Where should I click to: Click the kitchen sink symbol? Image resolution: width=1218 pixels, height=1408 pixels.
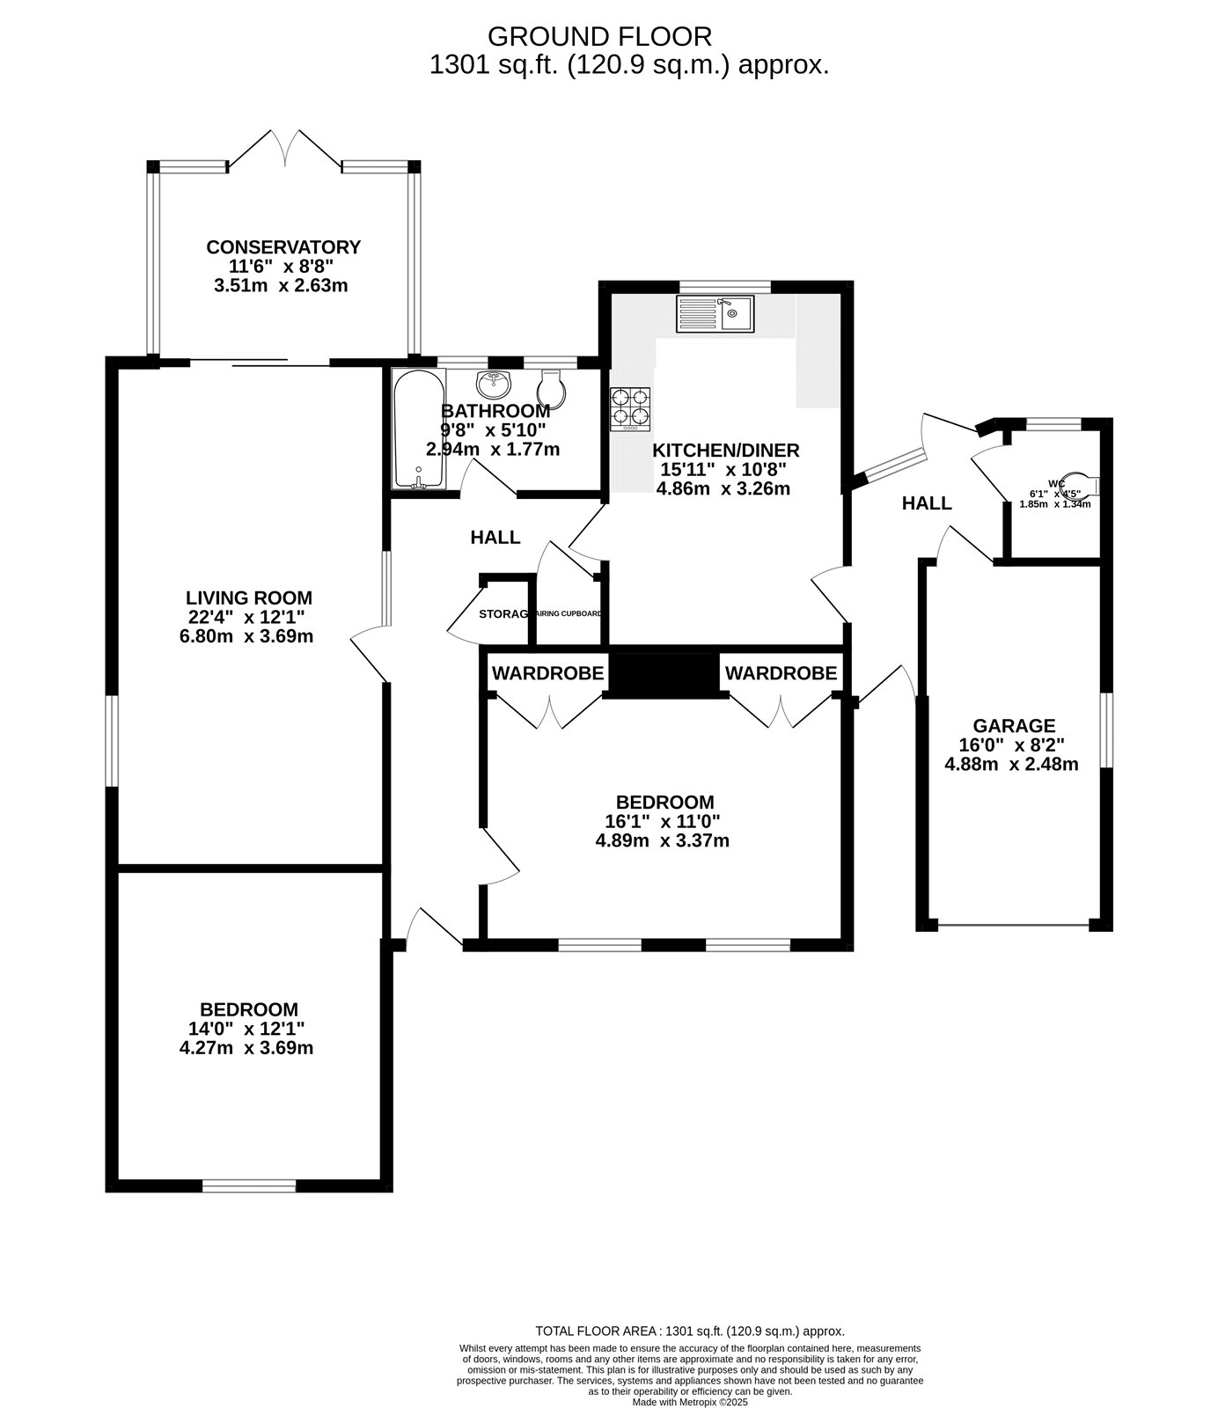coord(715,314)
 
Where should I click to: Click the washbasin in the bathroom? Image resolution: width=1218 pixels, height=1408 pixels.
coord(494,384)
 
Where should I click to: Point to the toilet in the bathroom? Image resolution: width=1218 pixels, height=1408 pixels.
coord(550,387)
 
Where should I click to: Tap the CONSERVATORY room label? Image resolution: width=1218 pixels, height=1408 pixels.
coord(282,247)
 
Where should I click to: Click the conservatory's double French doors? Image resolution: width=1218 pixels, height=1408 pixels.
coord(284,149)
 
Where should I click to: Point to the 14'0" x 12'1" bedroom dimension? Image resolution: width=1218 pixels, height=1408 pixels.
coord(251,1028)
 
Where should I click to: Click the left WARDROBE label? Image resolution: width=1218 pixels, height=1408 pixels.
coord(547,674)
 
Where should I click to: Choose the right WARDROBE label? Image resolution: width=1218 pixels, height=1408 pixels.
coord(780,674)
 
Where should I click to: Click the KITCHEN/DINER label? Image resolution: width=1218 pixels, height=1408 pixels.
coord(725,451)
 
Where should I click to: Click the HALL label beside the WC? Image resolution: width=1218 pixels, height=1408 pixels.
coord(926,503)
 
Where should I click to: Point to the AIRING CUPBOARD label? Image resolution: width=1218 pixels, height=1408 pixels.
coord(569,613)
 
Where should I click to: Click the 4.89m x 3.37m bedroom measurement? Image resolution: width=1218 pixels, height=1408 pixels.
coord(662,840)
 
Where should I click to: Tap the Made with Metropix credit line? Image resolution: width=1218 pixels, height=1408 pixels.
coord(689,1402)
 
